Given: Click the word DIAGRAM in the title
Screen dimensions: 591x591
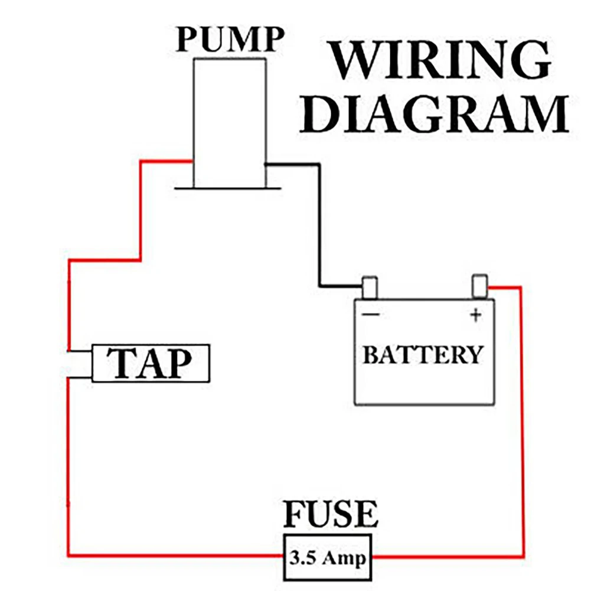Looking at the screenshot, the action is (434, 113).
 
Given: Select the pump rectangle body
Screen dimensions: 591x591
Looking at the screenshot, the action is (230, 123).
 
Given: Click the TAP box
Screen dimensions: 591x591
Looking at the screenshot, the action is (151, 363).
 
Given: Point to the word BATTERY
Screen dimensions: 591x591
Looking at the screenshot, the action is (423, 355).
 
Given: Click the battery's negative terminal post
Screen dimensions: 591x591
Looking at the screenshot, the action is (370, 288).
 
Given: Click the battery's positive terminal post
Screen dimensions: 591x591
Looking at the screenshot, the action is (480, 286).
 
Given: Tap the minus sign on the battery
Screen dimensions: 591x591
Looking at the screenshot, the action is (371, 314).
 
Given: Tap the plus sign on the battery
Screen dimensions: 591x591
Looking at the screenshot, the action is (476, 315).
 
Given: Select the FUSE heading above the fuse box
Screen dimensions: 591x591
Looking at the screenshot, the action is (331, 514).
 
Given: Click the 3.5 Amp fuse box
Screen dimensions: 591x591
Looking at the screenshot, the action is (328, 558).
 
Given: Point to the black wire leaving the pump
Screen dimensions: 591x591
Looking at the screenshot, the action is (319, 226).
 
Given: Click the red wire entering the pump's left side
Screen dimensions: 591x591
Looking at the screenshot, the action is (141, 211).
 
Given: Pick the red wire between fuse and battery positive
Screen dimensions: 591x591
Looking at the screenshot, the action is (523, 422).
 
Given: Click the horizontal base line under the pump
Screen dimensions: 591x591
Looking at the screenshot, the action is (228, 188).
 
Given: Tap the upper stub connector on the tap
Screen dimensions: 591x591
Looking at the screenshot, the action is (80, 351).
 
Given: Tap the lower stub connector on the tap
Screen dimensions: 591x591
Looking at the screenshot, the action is (80, 377).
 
